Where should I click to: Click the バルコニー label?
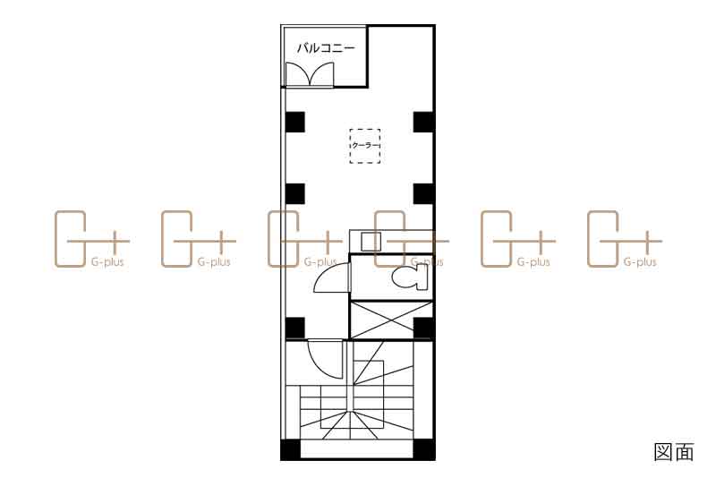pos(326,48)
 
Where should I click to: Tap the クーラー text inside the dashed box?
pos(365,146)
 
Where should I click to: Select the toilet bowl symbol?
pos(410,277)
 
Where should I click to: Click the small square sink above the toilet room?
pos(371,241)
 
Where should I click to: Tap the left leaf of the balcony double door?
pos(297,73)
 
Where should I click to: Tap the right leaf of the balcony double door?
pos(322,73)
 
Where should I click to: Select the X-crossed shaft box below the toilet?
pos(391,320)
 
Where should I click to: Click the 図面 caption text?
pos(674,451)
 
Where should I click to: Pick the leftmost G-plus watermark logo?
pos(92,239)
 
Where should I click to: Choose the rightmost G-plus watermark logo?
pos(624,239)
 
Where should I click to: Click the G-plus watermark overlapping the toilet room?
pos(411,239)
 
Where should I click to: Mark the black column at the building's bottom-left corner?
pos(290,449)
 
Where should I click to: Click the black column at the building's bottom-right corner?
pos(423,449)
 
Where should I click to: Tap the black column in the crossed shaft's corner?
pos(423,329)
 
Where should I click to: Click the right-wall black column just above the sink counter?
pos(423,194)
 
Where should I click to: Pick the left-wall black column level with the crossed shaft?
pos(295,329)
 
